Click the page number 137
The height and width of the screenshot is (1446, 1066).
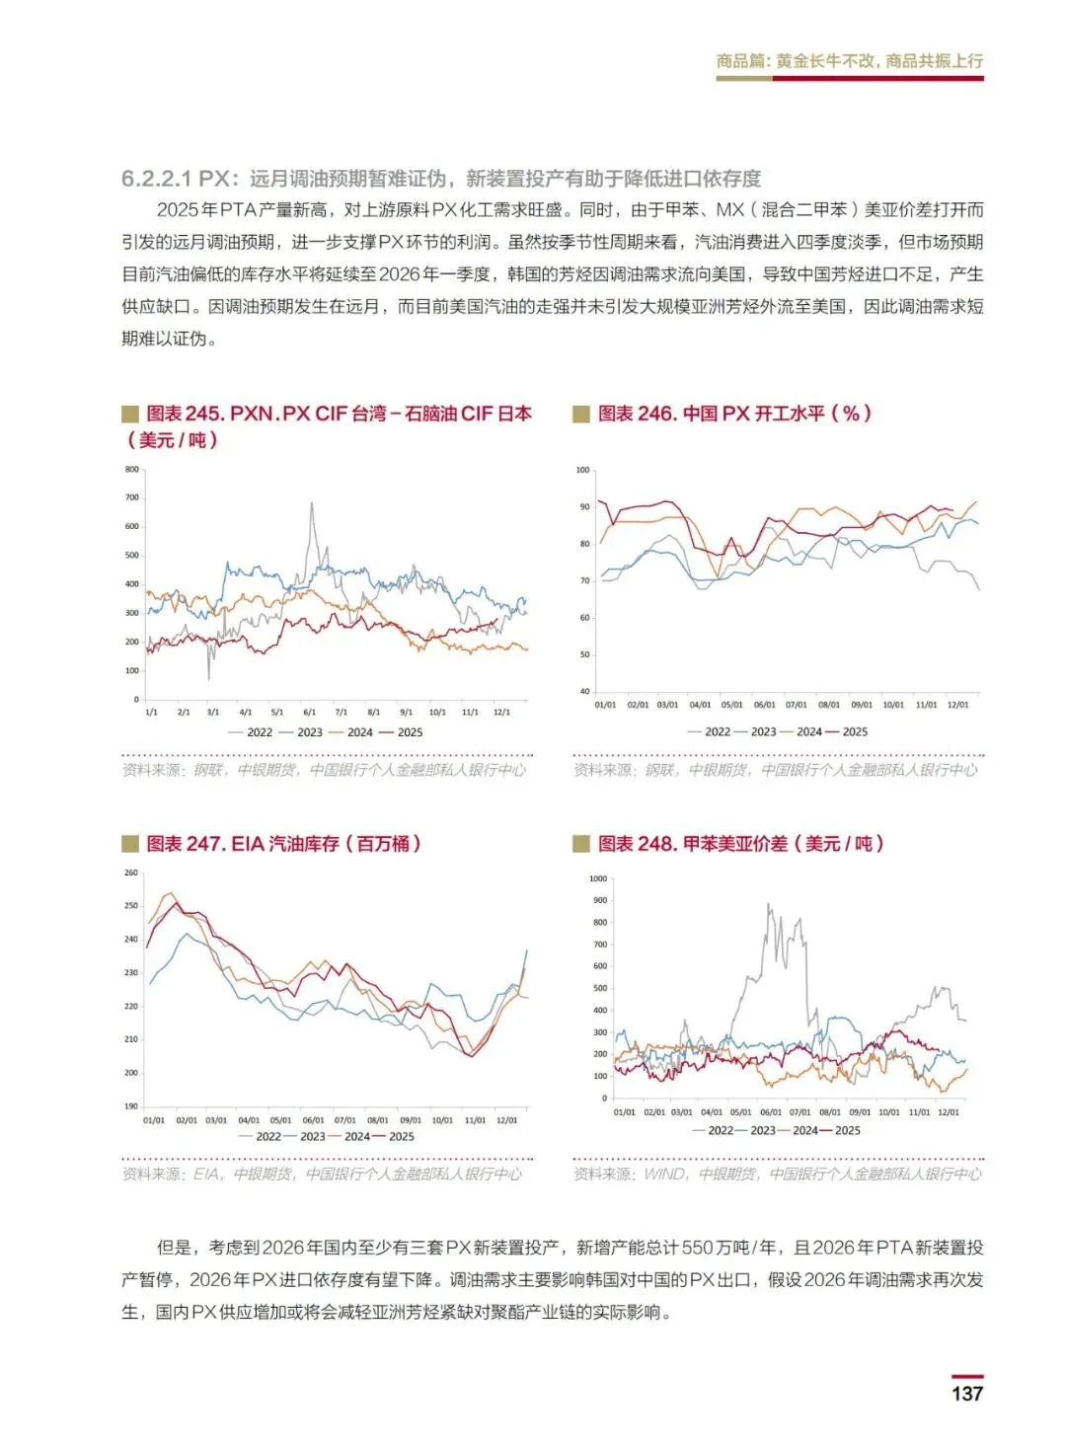[966, 1393]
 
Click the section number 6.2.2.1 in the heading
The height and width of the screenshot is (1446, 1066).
[158, 179]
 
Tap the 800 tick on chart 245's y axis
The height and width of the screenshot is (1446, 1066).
[132, 470]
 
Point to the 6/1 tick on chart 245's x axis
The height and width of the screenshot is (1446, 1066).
[309, 712]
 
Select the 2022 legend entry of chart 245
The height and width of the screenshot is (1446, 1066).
[260, 732]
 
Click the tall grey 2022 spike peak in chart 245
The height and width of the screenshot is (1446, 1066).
[312, 503]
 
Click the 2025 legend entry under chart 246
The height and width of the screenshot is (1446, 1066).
[855, 731]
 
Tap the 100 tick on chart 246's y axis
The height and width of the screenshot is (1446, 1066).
[583, 470]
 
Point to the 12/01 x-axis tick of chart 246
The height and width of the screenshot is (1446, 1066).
[957, 705]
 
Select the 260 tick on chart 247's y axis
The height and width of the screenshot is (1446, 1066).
[131, 873]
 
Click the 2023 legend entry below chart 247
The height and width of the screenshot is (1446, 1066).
[313, 1136]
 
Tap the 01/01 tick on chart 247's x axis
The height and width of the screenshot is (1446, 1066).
[154, 1120]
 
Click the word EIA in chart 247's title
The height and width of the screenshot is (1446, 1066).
[248, 844]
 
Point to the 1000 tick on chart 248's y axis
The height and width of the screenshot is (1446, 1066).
[598, 878]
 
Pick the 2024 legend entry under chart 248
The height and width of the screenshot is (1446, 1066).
[805, 1130]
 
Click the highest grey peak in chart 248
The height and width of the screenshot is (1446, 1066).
[769, 904]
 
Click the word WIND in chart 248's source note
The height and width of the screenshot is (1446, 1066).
[664, 1174]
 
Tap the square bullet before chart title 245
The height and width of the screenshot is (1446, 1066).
[130, 414]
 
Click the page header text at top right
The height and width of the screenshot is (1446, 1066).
[849, 61]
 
